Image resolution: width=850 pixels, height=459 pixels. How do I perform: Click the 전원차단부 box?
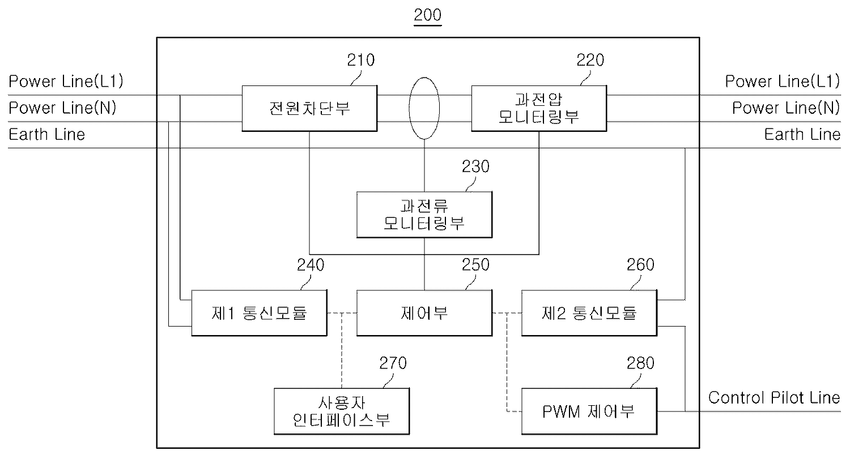coord(309,108)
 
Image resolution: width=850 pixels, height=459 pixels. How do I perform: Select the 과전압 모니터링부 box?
coord(539,108)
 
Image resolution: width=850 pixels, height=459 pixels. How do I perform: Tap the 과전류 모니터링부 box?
coord(424,215)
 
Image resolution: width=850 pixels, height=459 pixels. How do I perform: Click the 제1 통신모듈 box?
coord(259,312)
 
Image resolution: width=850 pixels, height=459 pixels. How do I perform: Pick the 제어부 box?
coord(424,312)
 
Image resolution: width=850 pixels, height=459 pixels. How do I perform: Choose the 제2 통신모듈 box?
coord(589,312)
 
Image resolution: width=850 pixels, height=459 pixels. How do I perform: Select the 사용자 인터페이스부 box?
coord(341,411)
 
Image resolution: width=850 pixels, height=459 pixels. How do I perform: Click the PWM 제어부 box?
coord(589,411)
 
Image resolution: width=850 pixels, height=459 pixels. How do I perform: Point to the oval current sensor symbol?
coord(424,109)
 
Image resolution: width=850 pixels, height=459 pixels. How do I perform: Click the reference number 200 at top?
coord(428,15)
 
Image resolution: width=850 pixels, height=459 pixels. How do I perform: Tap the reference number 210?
coord(360,60)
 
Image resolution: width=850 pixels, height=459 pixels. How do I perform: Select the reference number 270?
coord(393,363)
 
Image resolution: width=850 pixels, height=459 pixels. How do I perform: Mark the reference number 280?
coord(640,363)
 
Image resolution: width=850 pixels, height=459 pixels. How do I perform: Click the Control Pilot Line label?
coord(774,397)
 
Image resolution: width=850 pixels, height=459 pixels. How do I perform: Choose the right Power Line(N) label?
coord(786,108)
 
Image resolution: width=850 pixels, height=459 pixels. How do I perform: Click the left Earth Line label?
coord(46,134)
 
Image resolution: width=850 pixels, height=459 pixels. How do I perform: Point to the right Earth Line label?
coord(802,134)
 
